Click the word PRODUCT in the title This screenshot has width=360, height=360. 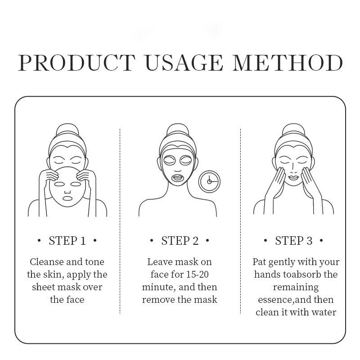point(76,63)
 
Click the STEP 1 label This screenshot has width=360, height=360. point(67,241)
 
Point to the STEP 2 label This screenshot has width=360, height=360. point(180,241)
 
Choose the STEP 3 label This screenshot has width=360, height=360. point(293,241)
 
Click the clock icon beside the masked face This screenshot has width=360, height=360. point(209,181)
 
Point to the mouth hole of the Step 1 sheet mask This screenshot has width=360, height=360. point(67,198)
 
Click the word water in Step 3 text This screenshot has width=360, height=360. point(324,312)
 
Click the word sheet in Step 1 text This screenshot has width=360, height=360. point(44,287)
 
